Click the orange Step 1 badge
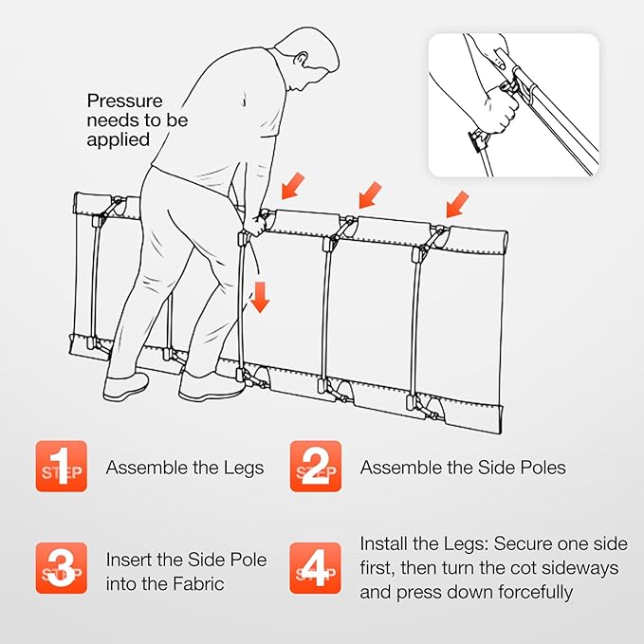[x=62, y=466]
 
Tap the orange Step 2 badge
[x=316, y=466]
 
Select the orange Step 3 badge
[x=62, y=568]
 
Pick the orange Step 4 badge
[x=316, y=568]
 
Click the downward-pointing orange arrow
[x=260, y=298]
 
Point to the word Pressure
[x=125, y=101]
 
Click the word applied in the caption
[x=119, y=140]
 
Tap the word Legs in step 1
[x=244, y=469]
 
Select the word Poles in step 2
[x=543, y=468]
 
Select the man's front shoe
[x=211, y=387]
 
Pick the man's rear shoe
[x=126, y=387]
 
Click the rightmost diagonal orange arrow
[x=457, y=204]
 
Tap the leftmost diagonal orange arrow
[x=292, y=186]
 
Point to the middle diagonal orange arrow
[x=370, y=194]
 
